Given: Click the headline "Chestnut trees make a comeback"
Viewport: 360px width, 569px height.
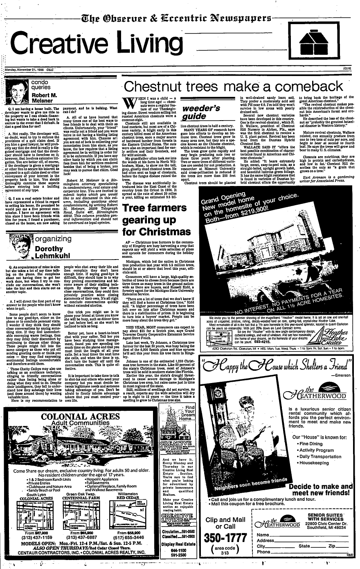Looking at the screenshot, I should [234, 87].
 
